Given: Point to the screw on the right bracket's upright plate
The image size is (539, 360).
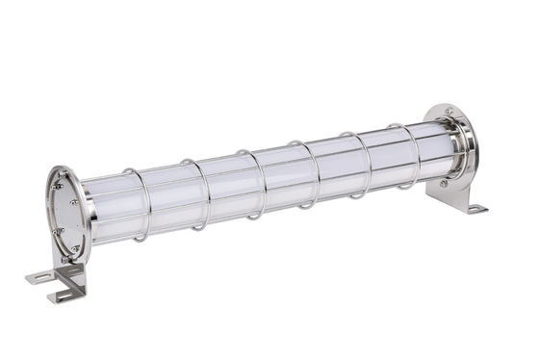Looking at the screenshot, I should (444, 183).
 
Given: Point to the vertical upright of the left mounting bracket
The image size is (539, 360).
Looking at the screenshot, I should (74, 273).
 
